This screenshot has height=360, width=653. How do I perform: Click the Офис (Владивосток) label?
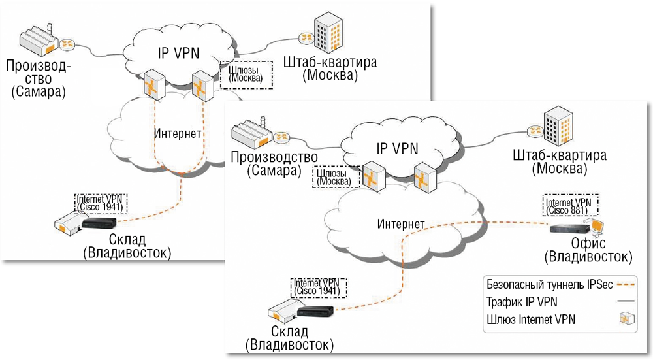(588, 250)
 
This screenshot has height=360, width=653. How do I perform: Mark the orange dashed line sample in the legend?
(626, 285)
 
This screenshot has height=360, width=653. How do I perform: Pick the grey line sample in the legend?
(626, 302)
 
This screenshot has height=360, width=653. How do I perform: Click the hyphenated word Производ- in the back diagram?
(39, 65)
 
